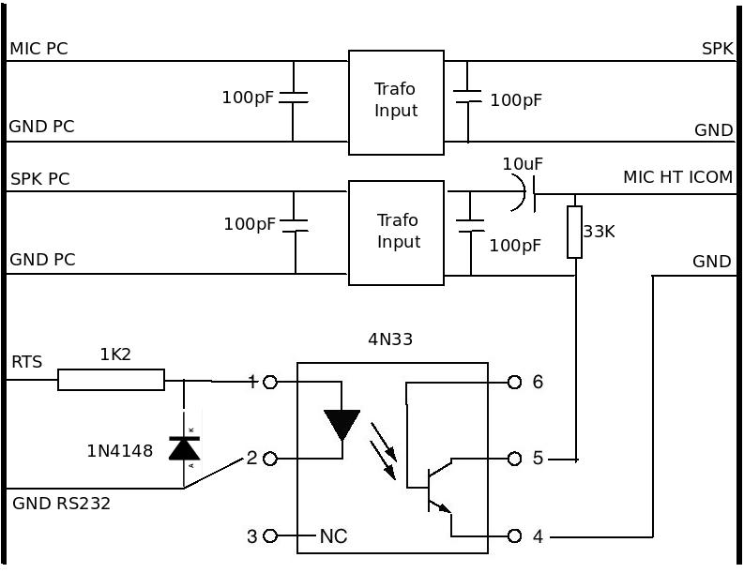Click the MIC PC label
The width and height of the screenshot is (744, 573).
(38, 48)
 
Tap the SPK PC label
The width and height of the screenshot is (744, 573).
(39, 178)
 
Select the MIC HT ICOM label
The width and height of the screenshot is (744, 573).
(677, 176)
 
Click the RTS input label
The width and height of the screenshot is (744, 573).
(26, 362)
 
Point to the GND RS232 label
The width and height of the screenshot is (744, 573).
(61, 504)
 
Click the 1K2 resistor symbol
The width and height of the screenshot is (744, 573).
(111, 380)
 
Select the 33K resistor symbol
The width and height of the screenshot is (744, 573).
(574, 232)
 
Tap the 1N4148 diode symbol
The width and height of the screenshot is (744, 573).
(184, 447)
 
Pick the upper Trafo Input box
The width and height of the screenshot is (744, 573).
(396, 102)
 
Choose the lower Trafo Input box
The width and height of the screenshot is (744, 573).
(396, 233)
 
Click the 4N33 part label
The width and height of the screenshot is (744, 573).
(389, 339)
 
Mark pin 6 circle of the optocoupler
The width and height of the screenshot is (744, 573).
(514, 382)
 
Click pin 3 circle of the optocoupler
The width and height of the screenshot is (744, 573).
(270, 536)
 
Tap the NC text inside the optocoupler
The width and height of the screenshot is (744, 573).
(333, 536)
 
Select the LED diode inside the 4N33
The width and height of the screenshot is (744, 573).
(342, 424)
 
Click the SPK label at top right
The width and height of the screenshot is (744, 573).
(717, 49)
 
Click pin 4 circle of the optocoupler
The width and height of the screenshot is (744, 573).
(514, 536)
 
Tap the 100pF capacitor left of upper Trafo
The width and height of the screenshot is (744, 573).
(294, 97)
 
